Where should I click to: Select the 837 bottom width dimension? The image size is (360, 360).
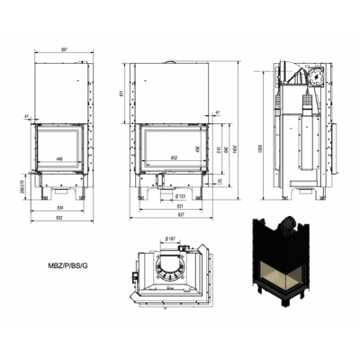(170, 216)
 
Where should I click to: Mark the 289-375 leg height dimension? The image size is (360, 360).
(19, 183)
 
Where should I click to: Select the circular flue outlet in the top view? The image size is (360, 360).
(169, 267)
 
